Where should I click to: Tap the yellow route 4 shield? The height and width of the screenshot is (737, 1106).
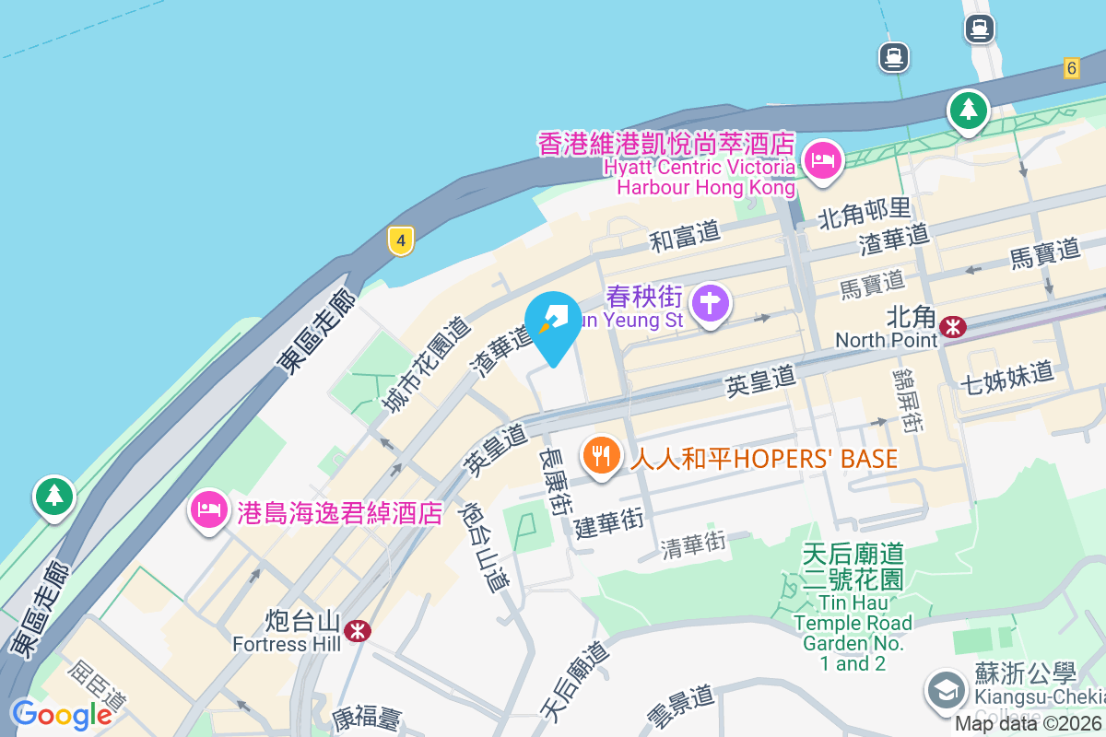400,241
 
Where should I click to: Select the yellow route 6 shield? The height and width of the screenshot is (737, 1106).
1070,67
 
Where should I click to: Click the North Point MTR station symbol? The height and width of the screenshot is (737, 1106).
953,326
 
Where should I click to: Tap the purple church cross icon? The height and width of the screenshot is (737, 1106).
711,303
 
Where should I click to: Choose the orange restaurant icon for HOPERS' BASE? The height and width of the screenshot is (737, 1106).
601,455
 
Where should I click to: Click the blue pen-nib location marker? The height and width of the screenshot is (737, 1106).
553,322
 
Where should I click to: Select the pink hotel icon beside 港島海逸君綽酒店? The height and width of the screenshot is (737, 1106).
210,509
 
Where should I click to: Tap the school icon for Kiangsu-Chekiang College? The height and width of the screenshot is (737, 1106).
947,689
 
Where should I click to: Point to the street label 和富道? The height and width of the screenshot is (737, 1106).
685,237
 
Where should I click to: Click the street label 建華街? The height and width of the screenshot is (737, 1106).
608,522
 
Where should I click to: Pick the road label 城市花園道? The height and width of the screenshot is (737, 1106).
426,365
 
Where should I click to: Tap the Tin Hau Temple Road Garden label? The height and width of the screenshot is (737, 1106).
853,608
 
